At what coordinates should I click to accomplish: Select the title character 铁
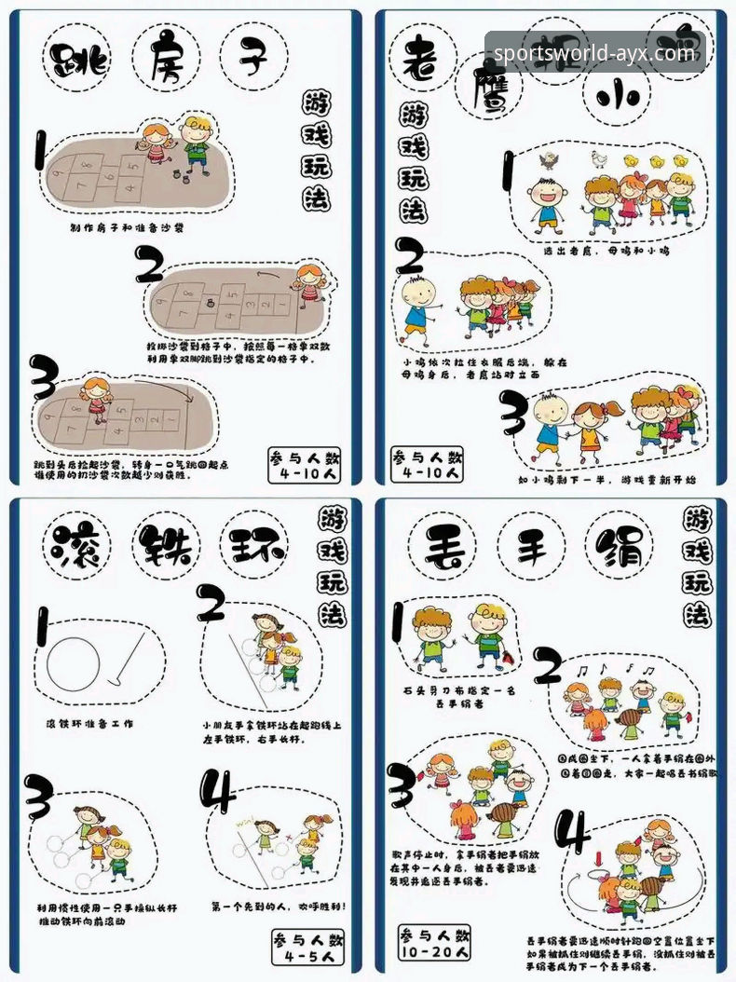pyautogui.click(x=169, y=547)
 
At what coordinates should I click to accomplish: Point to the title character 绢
pyautogui.click(x=620, y=547)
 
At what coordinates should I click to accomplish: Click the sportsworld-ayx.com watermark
pyautogui.click(x=593, y=53)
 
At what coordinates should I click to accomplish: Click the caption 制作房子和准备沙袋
pyautogui.click(x=127, y=227)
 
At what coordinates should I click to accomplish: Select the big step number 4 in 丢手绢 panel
pyautogui.click(x=571, y=832)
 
